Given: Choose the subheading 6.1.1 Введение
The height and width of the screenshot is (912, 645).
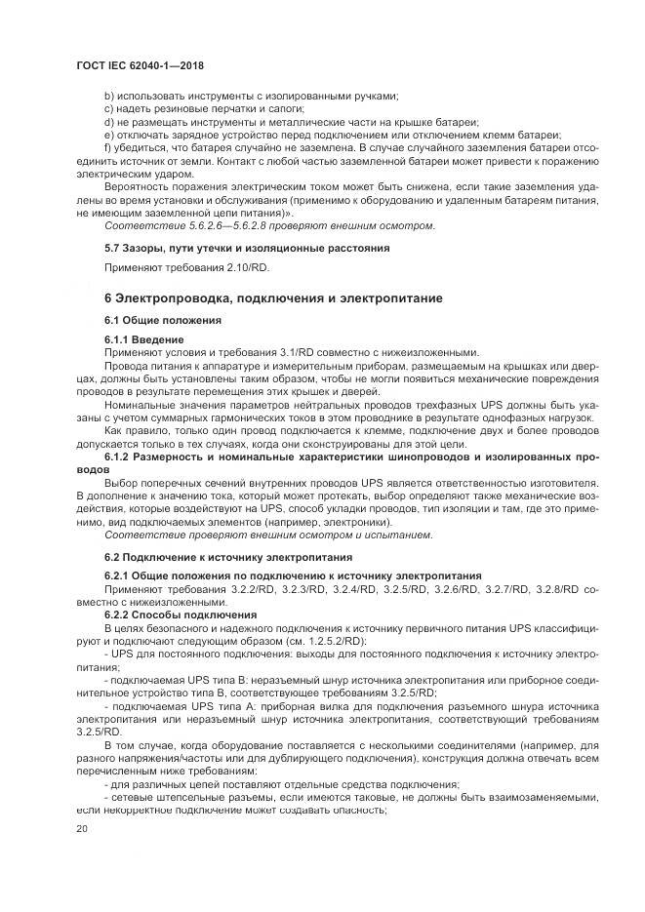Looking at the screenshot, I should (x=142, y=338).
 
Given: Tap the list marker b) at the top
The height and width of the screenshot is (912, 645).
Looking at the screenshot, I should (x=108, y=96).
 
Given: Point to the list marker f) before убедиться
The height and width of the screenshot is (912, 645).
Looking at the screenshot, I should (x=107, y=146).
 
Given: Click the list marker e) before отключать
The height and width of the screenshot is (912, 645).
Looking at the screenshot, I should (x=108, y=134).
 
